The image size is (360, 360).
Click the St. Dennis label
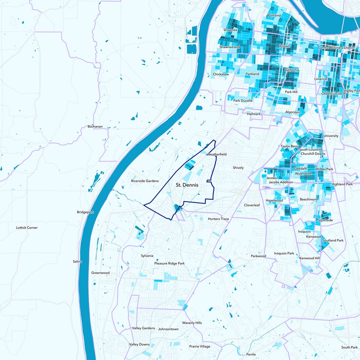187,184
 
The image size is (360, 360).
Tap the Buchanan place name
95,126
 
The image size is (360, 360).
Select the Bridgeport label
85,211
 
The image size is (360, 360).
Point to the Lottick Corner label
27,228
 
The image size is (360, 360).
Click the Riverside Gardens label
145,181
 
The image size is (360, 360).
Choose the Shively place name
238,168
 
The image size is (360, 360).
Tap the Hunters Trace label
219,219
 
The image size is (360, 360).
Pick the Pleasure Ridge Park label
170,263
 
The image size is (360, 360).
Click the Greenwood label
100,273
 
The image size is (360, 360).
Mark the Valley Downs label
139,344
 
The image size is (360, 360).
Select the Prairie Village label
199,346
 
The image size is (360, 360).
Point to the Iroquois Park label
284,253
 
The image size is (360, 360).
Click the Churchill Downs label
312,153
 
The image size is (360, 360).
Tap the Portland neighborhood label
274,15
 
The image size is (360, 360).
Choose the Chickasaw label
221,74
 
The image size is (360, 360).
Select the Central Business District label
337,47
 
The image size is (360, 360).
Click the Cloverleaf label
252,205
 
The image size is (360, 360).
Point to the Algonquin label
293,112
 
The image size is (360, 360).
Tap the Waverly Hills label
192,323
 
